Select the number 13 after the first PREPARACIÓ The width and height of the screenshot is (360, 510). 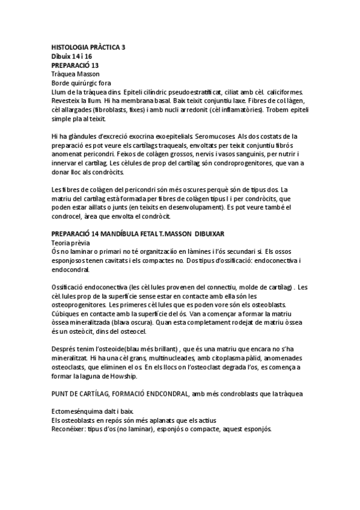(x=94, y=65)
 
